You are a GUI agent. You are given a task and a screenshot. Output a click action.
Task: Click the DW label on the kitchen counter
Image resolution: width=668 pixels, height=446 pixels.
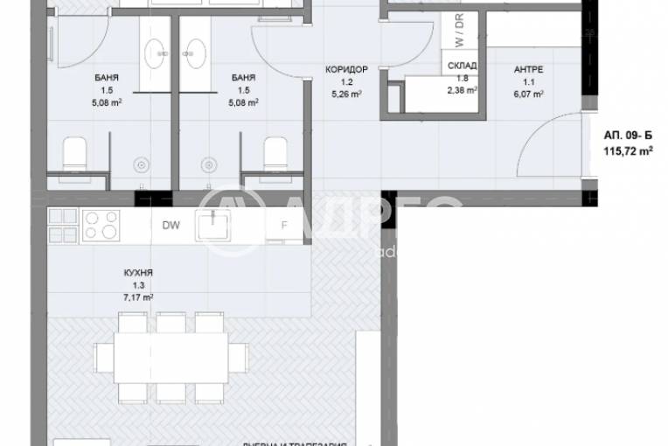coord(171,225)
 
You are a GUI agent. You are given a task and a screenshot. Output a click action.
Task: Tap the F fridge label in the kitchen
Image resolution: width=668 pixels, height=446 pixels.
coord(283,225)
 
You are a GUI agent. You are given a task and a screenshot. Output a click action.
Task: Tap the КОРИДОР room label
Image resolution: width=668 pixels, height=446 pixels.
coord(340,69)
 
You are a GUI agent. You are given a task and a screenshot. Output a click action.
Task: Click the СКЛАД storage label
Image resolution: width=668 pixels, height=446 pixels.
coord(461,66)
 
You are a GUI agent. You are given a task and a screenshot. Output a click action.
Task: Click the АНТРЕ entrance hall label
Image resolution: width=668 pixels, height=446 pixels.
coord(525,72)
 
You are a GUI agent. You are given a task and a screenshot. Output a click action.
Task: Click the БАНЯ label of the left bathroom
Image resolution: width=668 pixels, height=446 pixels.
coord(108,77)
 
